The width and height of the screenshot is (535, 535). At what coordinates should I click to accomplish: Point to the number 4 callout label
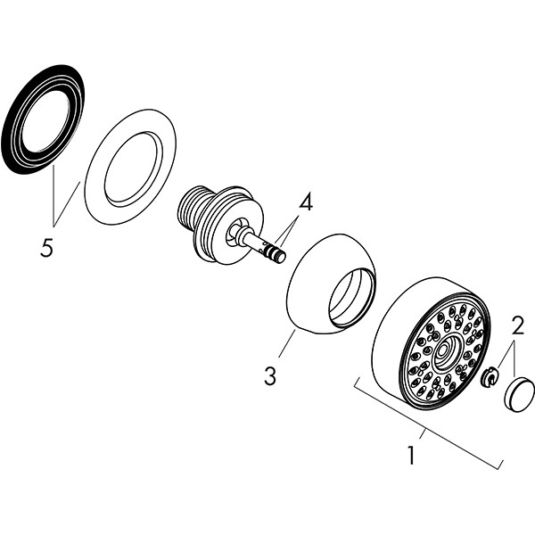(x=306, y=202)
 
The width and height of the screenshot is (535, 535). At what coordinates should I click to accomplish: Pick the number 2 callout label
(x=518, y=325)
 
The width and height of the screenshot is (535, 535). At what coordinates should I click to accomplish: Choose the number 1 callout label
(x=411, y=456)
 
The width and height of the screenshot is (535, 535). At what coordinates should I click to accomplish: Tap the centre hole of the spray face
(x=443, y=351)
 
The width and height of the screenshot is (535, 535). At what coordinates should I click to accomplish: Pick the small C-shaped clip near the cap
(x=489, y=380)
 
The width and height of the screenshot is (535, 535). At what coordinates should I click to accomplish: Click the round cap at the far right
(x=519, y=393)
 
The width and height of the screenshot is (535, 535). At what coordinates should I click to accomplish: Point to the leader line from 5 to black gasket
(x=49, y=201)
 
